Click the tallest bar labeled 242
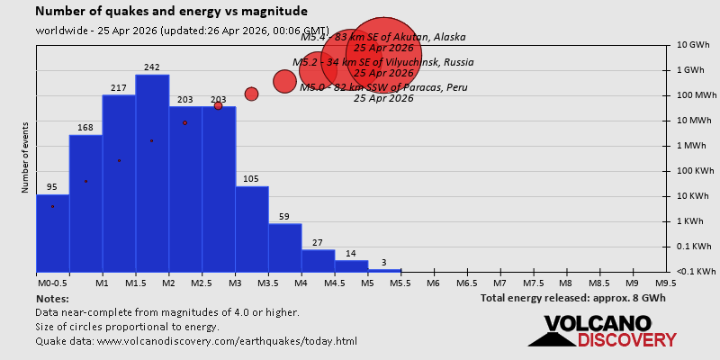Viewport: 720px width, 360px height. point(152,171)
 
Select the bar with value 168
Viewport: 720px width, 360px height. point(85,202)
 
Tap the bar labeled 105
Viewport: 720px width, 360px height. point(252,229)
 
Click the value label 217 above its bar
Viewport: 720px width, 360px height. point(119,87)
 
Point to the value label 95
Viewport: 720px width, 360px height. point(52,187)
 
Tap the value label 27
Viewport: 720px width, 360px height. point(318,243)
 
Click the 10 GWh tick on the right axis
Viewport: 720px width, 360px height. point(693,45)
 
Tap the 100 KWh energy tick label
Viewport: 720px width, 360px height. point(693,171)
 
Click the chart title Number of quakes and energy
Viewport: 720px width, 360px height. point(171,12)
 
